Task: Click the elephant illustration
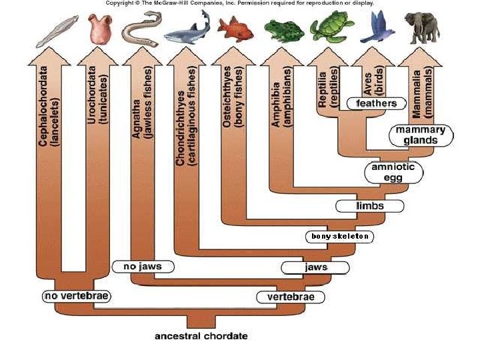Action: point(425,27)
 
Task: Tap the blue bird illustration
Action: point(377,26)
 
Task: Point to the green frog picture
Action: point(283,29)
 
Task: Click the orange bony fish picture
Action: point(236,29)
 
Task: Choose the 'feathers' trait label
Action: point(377,103)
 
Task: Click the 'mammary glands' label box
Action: point(421,135)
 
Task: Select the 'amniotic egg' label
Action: point(393,172)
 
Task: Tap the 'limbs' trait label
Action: point(369,206)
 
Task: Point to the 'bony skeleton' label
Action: point(339,236)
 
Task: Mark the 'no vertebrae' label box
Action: point(75,295)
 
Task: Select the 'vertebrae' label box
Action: point(290,297)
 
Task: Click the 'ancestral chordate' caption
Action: point(201,336)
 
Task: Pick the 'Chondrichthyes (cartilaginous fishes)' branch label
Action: point(186,115)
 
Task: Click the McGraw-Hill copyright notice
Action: point(239,3)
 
